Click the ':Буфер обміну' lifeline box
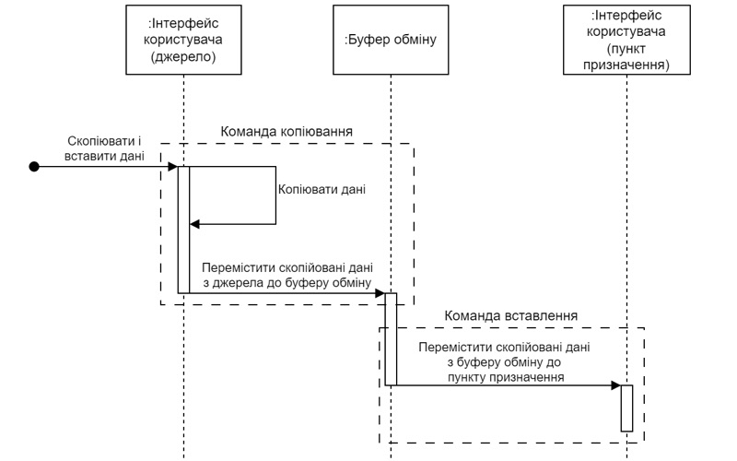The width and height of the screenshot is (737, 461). pyautogui.click(x=390, y=41)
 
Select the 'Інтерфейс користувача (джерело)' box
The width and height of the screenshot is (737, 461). pyautogui.click(x=184, y=41)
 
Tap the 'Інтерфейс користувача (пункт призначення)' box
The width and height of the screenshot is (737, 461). pyautogui.click(x=626, y=41)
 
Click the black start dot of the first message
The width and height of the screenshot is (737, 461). pyautogui.click(x=34, y=166)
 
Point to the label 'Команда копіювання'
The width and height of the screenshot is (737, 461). pyautogui.click(x=287, y=131)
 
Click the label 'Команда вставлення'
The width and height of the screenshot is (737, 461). pyautogui.click(x=510, y=315)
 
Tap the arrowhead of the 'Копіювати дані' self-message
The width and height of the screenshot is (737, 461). pyautogui.click(x=194, y=224)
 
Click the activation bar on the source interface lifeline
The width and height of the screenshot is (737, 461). pyautogui.click(x=183, y=230)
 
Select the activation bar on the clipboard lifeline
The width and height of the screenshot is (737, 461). pyautogui.click(x=391, y=338)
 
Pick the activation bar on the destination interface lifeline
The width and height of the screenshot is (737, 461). pyautogui.click(x=626, y=408)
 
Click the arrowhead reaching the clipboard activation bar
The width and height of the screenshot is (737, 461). pyautogui.click(x=380, y=293)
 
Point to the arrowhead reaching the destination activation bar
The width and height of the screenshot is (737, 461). pyautogui.click(x=615, y=385)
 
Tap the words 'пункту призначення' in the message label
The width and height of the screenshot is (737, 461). pyautogui.click(x=504, y=377)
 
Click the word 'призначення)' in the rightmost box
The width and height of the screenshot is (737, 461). pyautogui.click(x=626, y=65)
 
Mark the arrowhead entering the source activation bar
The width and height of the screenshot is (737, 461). pyautogui.click(x=172, y=166)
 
